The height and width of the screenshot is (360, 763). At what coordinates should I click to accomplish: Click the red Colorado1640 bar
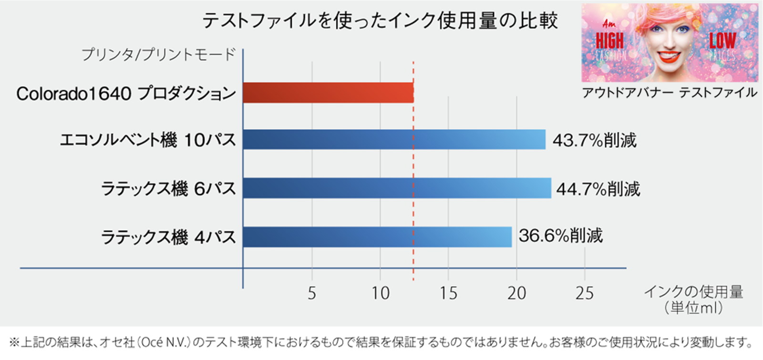[328, 93]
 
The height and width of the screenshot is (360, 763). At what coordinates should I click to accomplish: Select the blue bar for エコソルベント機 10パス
[394, 140]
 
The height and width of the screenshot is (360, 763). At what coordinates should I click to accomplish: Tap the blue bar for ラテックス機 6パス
[397, 188]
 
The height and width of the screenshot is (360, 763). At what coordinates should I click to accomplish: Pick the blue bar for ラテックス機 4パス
[377, 237]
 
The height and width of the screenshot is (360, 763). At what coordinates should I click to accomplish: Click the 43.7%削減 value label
[594, 140]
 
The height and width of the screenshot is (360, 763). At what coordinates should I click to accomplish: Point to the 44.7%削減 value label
[598, 189]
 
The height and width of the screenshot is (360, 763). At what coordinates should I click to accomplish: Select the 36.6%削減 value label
[561, 236]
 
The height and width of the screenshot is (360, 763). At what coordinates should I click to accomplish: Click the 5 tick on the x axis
[312, 293]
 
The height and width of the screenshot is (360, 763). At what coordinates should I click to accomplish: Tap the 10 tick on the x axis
[380, 293]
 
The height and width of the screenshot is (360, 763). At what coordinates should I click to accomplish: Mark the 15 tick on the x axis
[448, 293]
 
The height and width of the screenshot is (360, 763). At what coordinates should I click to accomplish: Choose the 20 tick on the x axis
[516, 293]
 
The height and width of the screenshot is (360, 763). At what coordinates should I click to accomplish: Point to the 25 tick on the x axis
[585, 293]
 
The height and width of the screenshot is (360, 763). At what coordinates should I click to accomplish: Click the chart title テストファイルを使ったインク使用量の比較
[380, 21]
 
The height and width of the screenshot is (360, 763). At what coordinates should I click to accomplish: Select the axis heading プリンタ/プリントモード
[159, 54]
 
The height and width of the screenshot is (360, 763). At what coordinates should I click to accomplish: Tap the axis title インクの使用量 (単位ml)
[693, 299]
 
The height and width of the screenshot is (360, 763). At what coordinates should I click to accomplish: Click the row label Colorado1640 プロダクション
[126, 93]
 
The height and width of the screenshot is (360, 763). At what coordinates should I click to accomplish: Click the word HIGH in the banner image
[609, 41]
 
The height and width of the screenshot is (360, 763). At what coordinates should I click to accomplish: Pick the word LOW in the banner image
[722, 41]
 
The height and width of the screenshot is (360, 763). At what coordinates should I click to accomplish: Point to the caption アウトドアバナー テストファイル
[669, 93]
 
